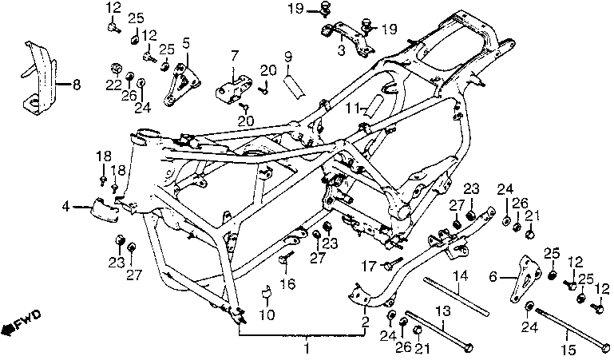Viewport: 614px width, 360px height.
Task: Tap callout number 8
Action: (77, 83)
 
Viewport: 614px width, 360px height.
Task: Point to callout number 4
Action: (65, 208)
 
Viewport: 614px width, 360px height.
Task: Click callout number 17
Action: (369, 265)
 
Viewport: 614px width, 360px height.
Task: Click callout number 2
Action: (365, 323)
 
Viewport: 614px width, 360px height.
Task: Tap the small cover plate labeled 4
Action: (101, 209)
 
